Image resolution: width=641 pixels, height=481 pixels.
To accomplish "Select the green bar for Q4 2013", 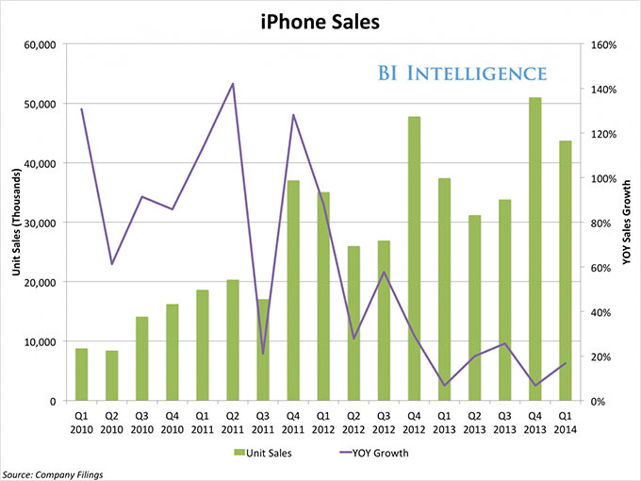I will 535,249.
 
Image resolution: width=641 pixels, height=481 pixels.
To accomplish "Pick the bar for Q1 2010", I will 82,374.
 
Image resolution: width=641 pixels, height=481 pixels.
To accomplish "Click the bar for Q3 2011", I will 263,350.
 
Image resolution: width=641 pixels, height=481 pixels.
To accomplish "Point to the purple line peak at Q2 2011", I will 233,84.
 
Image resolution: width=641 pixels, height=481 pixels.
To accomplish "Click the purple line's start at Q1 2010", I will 82,109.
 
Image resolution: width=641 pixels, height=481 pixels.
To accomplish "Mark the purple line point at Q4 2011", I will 293,115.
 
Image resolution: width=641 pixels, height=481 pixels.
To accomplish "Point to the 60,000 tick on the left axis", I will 39,44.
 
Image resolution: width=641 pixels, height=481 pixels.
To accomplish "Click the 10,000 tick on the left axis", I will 39,341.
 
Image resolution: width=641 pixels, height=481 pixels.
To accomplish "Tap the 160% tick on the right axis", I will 602,44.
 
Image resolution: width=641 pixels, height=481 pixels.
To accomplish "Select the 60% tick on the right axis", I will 600,268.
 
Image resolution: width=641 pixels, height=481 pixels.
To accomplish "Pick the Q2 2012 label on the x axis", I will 353,420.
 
